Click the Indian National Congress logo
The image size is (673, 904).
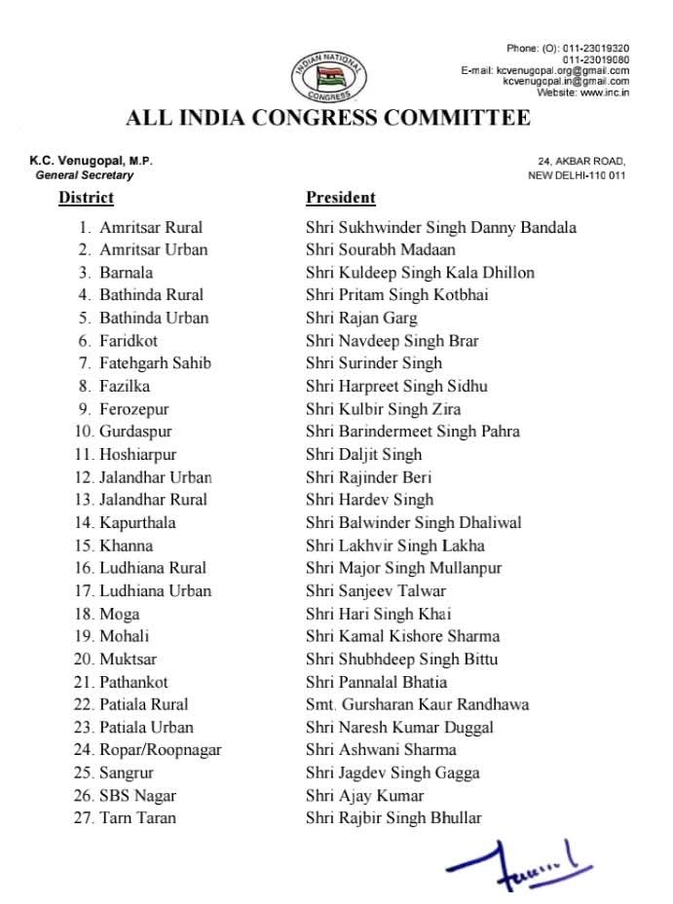328,75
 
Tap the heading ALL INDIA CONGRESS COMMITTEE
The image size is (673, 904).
328,119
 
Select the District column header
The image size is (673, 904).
86,198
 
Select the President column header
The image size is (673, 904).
340,198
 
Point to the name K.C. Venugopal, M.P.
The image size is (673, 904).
91,161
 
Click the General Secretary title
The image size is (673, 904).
85,175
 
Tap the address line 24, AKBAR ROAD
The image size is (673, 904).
581,162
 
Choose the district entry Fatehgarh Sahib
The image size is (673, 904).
155,363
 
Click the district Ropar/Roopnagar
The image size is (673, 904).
160,750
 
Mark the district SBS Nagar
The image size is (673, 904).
137,796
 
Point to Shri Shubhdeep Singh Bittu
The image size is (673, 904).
402,659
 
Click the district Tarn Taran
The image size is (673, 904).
137,818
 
